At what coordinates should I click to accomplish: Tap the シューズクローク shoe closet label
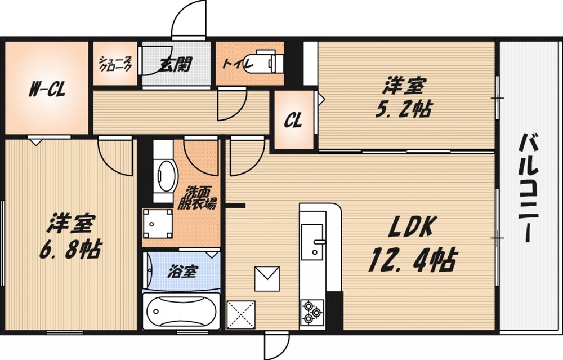click(x=115, y=63)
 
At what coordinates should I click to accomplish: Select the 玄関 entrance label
click(x=176, y=65)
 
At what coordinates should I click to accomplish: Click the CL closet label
click(x=293, y=120)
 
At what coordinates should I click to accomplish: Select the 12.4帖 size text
click(x=413, y=260)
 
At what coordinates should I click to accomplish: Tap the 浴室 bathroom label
click(x=182, y=272)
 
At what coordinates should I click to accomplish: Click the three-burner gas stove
click(x=312, y=312)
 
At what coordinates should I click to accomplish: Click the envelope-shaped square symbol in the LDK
click(x=267, y=278)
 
